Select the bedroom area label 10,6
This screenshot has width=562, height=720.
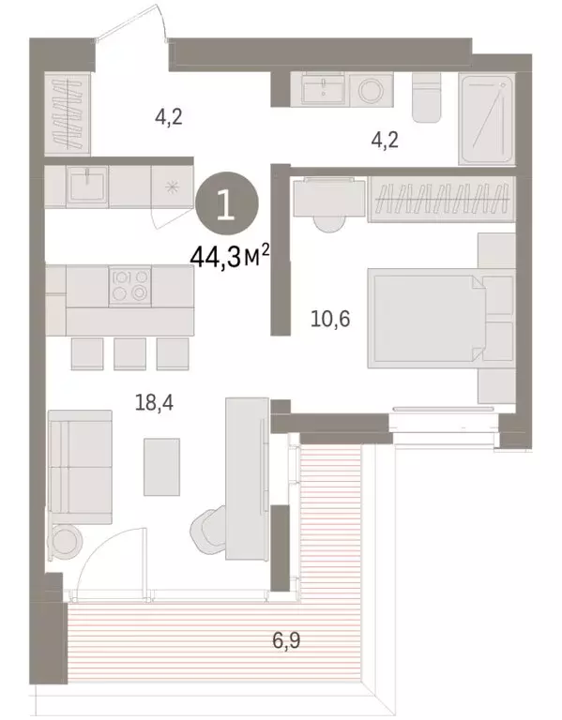329,320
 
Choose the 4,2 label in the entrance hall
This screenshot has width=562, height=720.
168,118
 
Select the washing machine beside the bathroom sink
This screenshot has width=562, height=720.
369,89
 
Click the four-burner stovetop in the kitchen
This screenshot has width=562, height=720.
129,286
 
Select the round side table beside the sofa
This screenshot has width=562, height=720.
67,543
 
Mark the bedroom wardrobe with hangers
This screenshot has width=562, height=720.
443,199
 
